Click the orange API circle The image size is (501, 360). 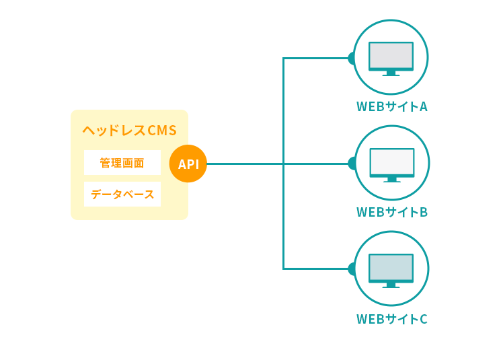[188, 164]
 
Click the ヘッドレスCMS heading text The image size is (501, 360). [129, 131]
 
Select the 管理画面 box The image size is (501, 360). [122, 163]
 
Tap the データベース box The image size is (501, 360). [122, 194]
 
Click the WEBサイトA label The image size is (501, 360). [391, 107]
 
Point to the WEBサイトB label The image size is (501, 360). [391, 213]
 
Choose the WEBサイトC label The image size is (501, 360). [391, 319]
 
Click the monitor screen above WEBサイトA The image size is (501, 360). [391, 55]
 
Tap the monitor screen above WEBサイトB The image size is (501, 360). [392, 161]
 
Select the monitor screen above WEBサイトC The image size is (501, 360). [391, 267]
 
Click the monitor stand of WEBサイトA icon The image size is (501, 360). [391, 73]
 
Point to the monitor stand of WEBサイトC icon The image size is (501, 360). [391, 285]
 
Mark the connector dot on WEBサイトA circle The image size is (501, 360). [351, 58]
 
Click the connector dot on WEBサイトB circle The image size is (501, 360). [352, 164]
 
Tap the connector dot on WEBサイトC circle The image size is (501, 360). [351, 268]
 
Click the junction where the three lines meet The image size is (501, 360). [284, 164]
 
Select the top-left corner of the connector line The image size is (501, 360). [284, 59]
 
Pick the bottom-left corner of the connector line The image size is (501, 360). [284, 268]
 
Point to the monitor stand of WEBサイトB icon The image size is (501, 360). [392, 179]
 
